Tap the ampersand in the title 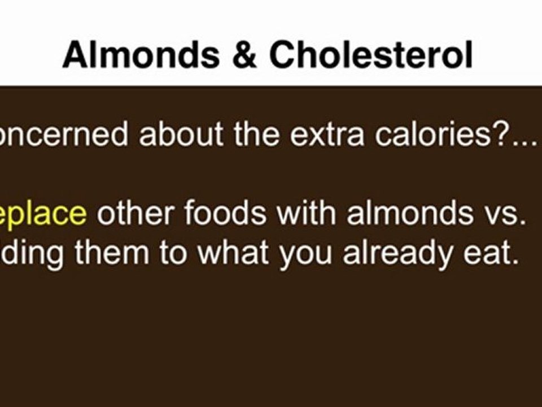point(244,55)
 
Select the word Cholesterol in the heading point(371,55)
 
